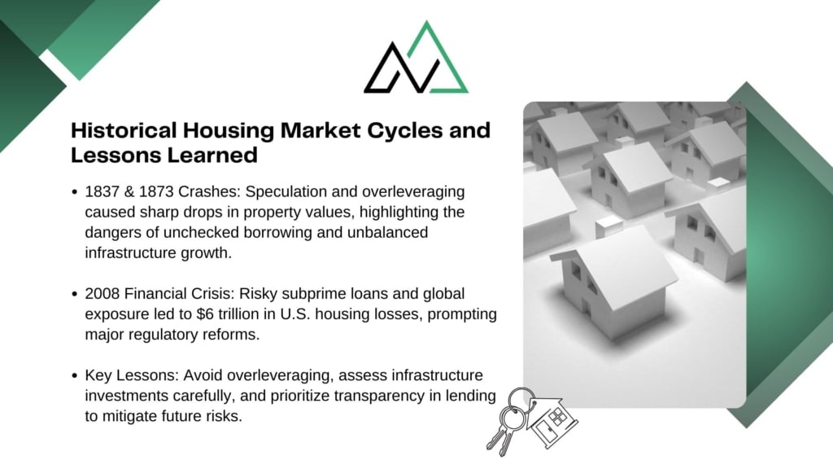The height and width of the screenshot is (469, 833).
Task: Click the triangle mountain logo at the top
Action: coord(416,59)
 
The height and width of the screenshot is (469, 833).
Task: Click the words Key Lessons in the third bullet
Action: coord(132,375)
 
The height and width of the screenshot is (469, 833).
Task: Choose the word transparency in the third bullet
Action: coord(380,397)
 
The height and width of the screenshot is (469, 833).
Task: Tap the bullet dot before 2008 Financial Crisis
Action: coord(74,294)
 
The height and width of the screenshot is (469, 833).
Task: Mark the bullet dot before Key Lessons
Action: coord(74,376)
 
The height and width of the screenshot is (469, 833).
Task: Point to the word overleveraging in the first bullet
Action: coord(413,192)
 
